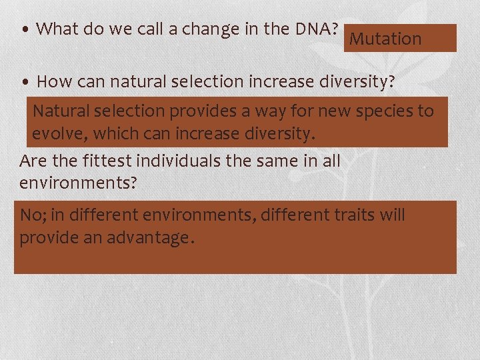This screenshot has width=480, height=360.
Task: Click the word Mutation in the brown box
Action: pyautogui.click(x=385, y=39)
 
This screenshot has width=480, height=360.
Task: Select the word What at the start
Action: pyautogui.click(x=57, y=29)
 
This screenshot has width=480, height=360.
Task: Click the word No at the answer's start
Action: pyautogui.click(x=30, y=215)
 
